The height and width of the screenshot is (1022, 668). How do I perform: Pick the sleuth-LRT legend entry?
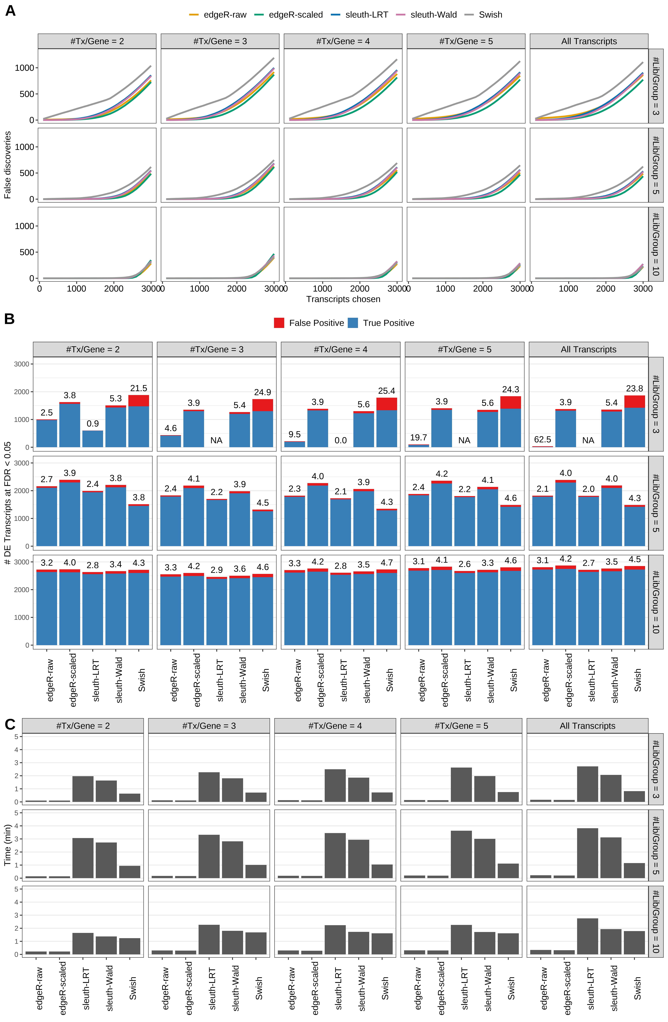tap(360, 15)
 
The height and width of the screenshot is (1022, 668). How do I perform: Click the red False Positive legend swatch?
tap(279, 323)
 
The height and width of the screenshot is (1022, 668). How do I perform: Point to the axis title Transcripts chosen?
tap(343, 299)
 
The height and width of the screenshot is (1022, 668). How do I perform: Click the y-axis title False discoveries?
tap(7, 165)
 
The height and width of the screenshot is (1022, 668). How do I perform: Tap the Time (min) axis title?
tap(7, 845)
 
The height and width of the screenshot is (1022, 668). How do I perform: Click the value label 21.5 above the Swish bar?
tap(139, 388)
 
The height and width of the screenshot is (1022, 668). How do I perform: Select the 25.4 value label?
tap(386, 391)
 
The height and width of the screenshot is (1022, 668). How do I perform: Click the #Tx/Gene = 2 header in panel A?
tap(97, 41)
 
